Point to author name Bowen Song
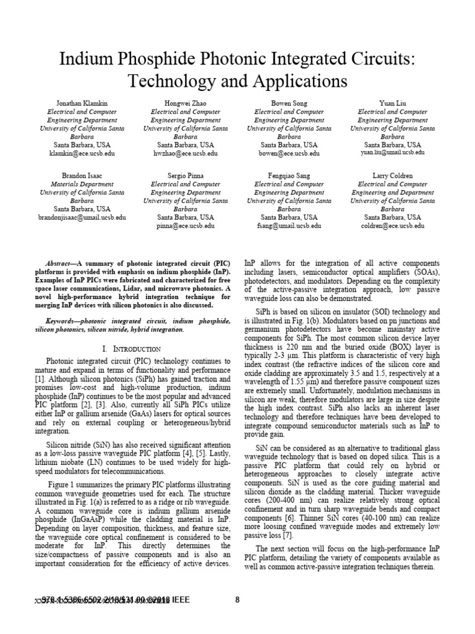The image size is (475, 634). coord(289,103)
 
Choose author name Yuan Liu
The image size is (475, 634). coord(393,103)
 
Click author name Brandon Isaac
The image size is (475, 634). coord(82,176)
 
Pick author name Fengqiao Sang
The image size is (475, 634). coord(289,176)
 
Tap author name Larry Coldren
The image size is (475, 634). coord(393,176)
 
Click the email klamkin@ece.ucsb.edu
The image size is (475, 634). coord(82,153)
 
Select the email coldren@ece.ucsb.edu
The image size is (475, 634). coord(393,226)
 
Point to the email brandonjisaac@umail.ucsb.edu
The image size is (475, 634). coord(82,218)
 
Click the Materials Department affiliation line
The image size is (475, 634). coord(82,185)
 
